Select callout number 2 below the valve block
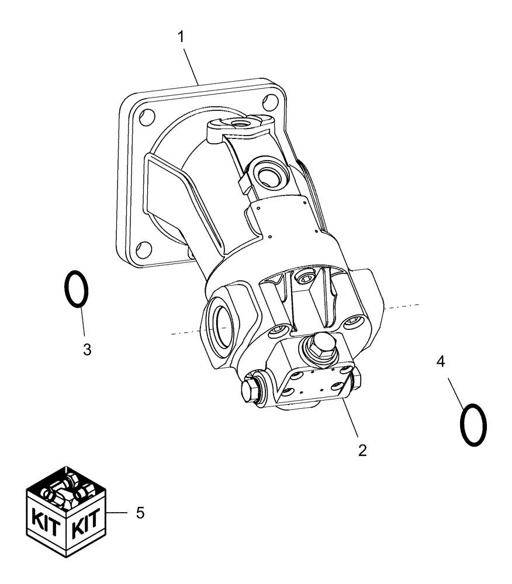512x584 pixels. click(x=362, y=450)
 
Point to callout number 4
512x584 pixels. click(x=441, y=361)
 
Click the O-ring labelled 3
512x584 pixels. click(x=76, y=288)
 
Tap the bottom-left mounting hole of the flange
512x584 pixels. click(x=141, y=253)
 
